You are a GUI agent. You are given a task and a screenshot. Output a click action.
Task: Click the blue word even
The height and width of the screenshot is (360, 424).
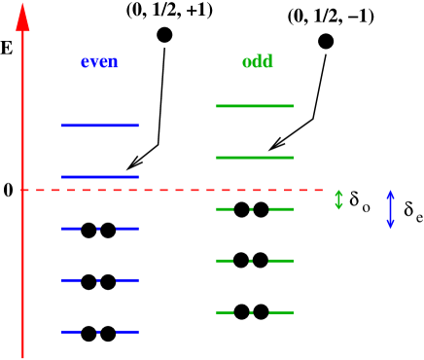pyautogui.click(x=99, y=62)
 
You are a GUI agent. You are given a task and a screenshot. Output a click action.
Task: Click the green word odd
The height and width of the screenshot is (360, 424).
pyautogui.click(x=258, y=62)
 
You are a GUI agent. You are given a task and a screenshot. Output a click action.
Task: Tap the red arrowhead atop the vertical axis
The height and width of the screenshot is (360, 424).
pyautogui.click(x=22, y=18)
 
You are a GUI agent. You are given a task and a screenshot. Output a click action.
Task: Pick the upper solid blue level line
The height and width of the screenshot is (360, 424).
pyautogui.click(x=100, y=126)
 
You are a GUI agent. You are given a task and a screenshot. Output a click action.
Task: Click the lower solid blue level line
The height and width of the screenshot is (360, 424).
pyautogui.click(x=100, y=177)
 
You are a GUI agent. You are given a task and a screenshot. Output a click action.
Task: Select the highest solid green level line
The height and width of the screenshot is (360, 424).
pyautogui.click(x=255, y=105)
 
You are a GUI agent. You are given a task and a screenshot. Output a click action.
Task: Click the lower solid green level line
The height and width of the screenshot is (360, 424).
pyautogui.click(x=255, y=157)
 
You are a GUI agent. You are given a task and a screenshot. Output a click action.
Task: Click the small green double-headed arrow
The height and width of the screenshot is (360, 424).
pyautogui.click(x=338, y=199)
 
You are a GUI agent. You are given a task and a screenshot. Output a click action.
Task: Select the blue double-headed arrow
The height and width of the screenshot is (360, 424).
pyautogui.click(x=390, y=209)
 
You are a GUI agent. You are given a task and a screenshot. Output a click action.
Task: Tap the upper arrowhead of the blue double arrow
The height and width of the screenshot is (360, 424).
pyautogui.click(x=390, y=194)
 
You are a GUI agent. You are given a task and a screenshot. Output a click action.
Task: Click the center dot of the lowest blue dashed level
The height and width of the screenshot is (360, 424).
pyautogui.click(x=98, y=332)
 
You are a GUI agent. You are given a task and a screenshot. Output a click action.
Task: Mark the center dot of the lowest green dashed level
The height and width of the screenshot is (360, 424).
pyautogui.click(x=251, y=312)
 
